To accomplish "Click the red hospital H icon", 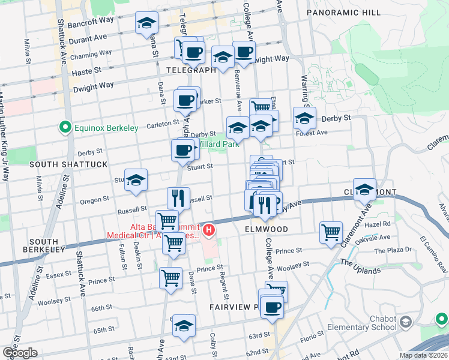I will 208,229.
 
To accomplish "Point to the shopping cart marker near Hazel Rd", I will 331,232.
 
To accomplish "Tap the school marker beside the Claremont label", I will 364,190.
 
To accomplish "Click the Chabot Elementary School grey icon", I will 406,322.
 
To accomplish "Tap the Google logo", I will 20,353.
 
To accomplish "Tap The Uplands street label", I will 360,266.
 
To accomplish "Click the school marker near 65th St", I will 184,326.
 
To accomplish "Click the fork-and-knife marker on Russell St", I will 178,198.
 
